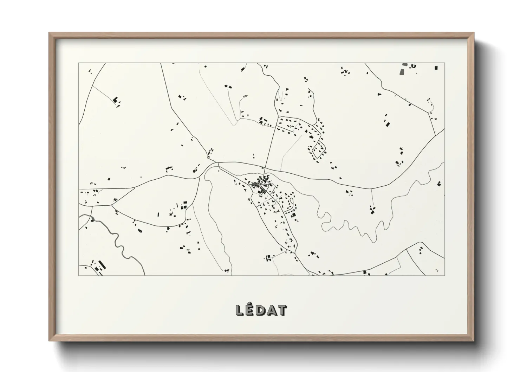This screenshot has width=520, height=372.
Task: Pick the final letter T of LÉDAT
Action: tap(282, 310)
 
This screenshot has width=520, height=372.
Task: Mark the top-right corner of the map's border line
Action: tap(444, 63)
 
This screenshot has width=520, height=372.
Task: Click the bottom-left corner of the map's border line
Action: tap(78, 275)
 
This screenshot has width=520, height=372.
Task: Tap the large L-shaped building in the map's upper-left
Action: tap(115, 100)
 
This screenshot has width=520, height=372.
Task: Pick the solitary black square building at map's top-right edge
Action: tap(436, 68)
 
